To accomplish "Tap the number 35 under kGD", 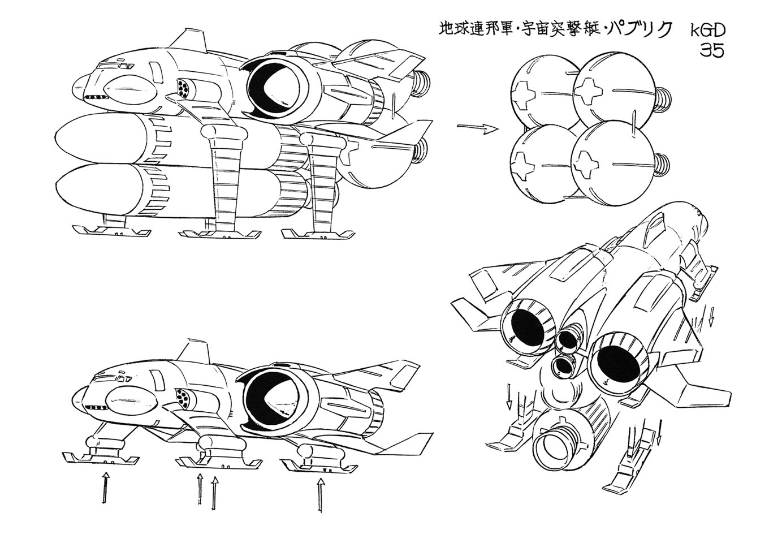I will click(x=711, y=51).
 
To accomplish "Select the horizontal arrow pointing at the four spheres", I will click(x=477, y=128).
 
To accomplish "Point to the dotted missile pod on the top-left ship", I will click(x=183, y=89).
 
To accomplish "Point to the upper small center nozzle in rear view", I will click(x=566, y=344).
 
